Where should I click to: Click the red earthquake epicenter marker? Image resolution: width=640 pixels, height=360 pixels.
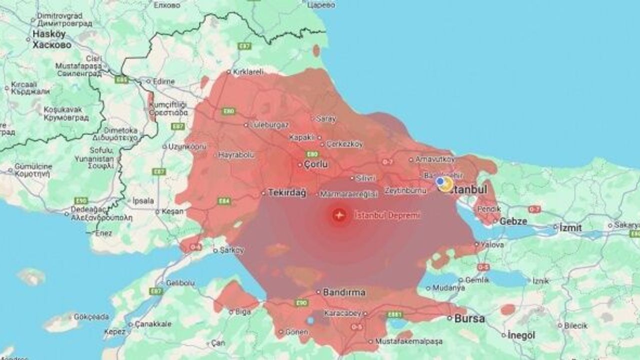[x=339, y=215]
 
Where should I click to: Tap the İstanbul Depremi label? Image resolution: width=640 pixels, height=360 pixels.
[x=387, y=215]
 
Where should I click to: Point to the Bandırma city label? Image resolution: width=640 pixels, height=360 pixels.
[x=344, y=292]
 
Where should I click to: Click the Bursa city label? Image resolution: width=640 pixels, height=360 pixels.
[x=469, y=318]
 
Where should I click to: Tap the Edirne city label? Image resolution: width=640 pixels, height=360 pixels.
[x=164, y=81]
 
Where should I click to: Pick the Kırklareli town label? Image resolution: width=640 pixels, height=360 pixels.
[x=248, y=71]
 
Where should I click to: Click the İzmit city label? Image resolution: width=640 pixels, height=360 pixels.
[x=570, y=227]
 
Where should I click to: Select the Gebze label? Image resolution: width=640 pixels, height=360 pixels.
[x=513, y=221]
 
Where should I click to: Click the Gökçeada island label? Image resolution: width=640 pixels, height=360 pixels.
[x=91, y=316]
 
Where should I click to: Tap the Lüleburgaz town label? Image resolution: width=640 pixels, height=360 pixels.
[x=269, y=124]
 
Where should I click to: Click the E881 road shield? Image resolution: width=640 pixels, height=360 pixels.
[x=394, y=314]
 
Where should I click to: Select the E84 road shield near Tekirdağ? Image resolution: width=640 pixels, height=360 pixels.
[x=224, y=201]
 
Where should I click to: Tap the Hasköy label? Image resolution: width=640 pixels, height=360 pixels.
[x=48, y=34]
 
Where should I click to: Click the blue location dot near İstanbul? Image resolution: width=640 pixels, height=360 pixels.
[x=439, y=181]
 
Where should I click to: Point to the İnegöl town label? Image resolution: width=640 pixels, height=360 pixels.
[x=521, y=335]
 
